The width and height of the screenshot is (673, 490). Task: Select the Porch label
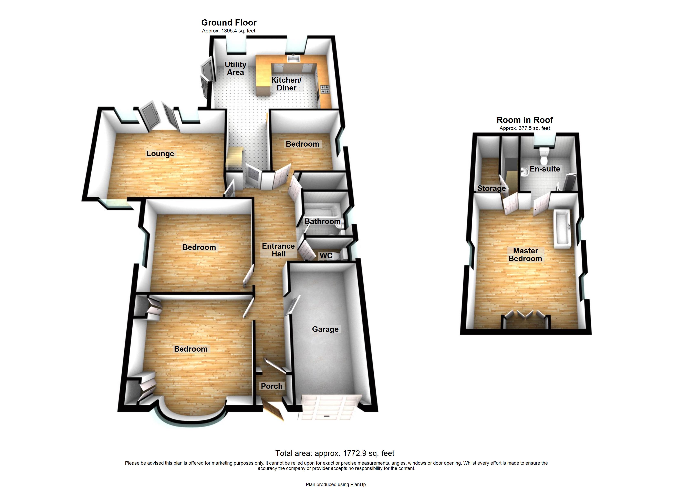pyautogui.click(x=271, y=386)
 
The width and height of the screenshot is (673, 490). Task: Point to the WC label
pyautogui.click(x=326, y=256)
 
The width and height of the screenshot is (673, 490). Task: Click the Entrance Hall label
pyautogui.click(x=278, y=250)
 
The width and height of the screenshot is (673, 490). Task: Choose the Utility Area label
pyautogui.click(x=235, y=68)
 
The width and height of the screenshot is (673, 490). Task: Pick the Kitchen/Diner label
pyautogui.click(x=286, y=84)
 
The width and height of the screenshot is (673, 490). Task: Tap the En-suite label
pyautogui.click(x=545, y=169)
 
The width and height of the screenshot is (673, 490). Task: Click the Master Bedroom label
pyautogui.click(x=525, y=255)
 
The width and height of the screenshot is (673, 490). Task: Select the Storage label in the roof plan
pyautogui.click(x=491, y=188)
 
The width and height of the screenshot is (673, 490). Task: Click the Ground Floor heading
pyautogui.click(x=229, y=23)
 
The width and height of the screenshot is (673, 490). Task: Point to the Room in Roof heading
pyautogui.click(x=525, y=120)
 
